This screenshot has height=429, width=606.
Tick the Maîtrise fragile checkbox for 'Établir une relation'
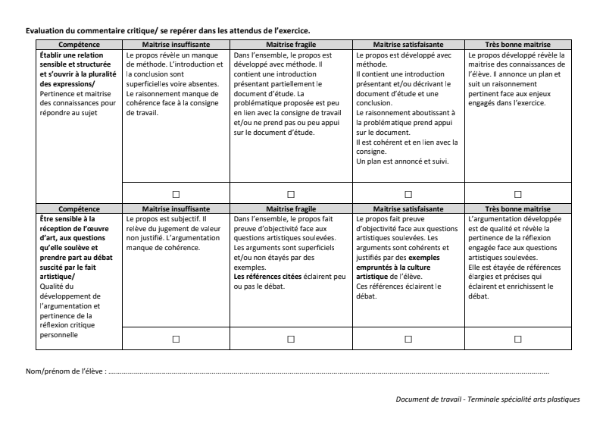click(292, 194)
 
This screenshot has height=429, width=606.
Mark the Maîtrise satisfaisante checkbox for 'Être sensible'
click(408, 339)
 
